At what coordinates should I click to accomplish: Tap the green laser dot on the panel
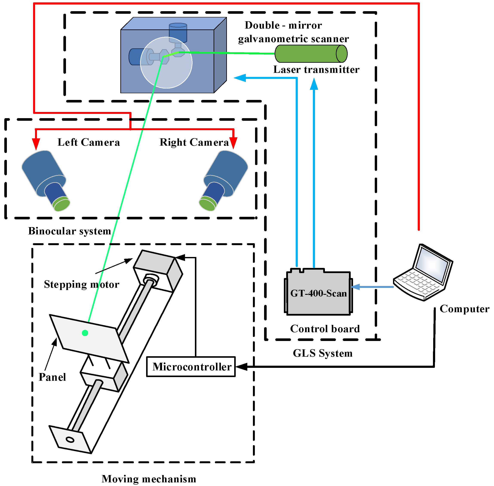[x=85, y=333]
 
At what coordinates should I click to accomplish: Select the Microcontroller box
[x=191, y=367]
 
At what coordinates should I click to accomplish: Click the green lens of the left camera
[x=61, y=204]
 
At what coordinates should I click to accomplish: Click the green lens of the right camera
[x=207, y=204]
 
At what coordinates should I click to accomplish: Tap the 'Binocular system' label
[x=69, y=231]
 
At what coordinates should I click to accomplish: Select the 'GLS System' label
[x=323, y=353]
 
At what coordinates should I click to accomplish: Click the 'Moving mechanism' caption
[x=149, y=479]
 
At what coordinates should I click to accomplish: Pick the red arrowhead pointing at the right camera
[x=233, y=143]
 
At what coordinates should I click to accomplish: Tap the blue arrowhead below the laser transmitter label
[x=314, y=84]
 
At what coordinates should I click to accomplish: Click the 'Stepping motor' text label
[x=81, y=284]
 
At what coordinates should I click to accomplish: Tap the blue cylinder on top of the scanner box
[x=178, y=32]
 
